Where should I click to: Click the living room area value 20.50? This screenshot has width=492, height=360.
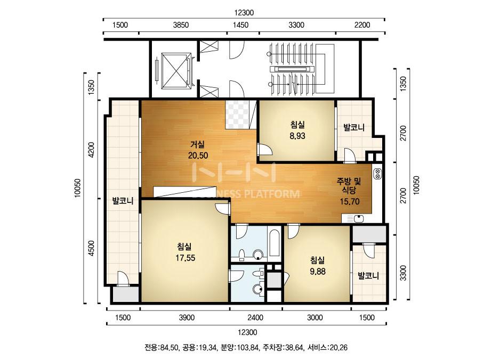[198, 156]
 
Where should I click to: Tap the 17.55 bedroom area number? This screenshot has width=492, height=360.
[185, 258]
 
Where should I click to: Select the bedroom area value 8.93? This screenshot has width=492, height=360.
[297, 136]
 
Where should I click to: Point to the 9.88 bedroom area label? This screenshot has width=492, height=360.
[318, 272]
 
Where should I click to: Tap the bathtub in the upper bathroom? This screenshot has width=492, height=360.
[274, 243]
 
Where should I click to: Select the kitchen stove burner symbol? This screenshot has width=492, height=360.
[377, 174]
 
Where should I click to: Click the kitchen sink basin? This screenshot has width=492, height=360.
[358, 218]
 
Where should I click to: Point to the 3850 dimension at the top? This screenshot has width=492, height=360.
[181, 25]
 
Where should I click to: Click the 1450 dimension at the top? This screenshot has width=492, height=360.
[240, 25]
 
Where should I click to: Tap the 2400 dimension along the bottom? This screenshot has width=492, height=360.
[255, 318]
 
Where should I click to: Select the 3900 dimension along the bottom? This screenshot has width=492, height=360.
[187, 318]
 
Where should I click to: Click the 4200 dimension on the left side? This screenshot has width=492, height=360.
[91, 150]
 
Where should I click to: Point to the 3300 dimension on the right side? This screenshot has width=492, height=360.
[403, 273]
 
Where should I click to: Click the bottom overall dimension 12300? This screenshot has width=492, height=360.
[247, 332]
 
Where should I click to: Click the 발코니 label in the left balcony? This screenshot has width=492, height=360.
[123, 201]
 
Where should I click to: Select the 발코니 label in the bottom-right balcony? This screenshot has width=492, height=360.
[368, 276]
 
